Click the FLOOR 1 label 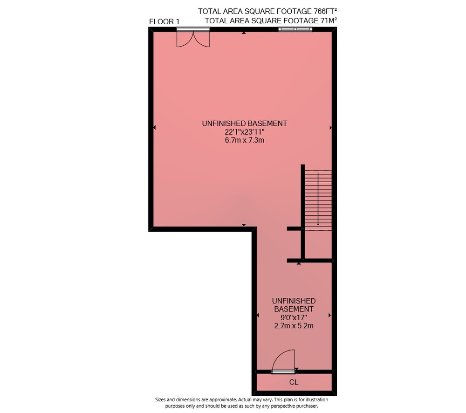point(164,22)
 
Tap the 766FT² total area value point(325,11)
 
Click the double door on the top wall point(193,38)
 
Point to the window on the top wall point(295,29)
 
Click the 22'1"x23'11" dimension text point(244,132)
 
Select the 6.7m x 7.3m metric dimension point(244,140)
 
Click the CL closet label point(294,382)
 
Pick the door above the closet point(283,362)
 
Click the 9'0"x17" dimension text point(294,317)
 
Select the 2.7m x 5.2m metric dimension point(294,325)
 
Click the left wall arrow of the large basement point(154,127)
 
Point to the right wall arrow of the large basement point(331,128)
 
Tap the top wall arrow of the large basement point(244,33)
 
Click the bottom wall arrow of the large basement point(244,225)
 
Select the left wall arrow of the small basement point(258,315)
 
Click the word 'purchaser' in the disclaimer point(307,406)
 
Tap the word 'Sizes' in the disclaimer point(160,399)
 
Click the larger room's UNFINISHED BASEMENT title point(244,124)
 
